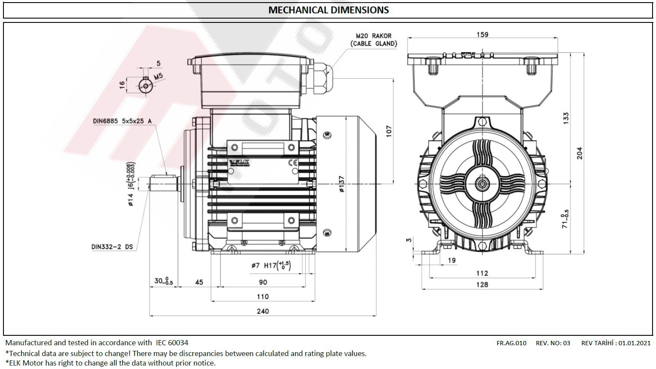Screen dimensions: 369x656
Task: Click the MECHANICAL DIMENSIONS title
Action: coord(328,10)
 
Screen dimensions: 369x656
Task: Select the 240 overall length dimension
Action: coord(263,311)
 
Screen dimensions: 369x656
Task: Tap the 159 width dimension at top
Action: coord(482,35)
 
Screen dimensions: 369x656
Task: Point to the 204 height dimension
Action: coord(580,153)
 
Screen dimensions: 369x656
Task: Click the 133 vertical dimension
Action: coord(566,118)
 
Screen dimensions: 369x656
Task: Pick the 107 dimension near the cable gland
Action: coord(388,131)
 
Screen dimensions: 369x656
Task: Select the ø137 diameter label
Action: coord(341,184)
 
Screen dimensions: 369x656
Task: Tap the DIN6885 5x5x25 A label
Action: coord(122,121)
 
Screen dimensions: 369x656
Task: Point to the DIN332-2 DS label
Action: coord(112,247)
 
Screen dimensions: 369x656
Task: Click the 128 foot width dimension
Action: coord(482,284)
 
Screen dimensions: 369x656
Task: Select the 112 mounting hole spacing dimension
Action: coord(482,273)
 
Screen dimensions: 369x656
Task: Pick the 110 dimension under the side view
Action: coord(263,296)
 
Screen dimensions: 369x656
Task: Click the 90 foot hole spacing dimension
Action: coord(263,282)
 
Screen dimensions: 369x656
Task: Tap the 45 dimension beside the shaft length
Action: coord(199,282)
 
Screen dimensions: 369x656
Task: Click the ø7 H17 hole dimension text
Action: coord(271,265)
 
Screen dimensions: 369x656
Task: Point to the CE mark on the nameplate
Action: coord(292,163)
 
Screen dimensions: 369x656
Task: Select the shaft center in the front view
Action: coord(482,184)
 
